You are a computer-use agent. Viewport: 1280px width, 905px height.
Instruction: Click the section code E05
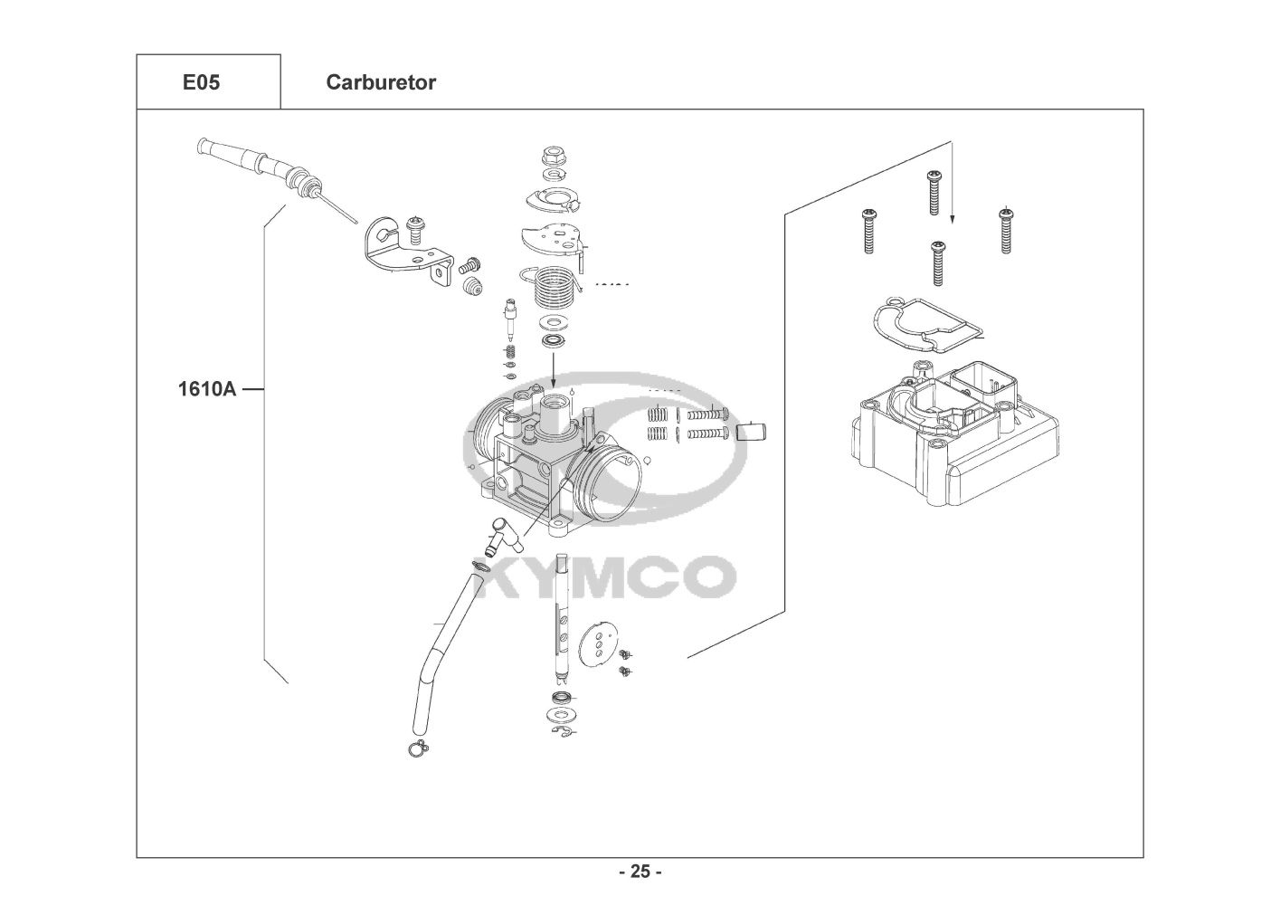coord(201,82)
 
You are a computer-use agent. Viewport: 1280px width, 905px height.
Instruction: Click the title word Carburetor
coord(380,82)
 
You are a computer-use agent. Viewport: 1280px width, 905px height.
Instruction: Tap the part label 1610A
coord(206,390)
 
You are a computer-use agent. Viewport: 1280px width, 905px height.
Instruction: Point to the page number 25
coord(640,872)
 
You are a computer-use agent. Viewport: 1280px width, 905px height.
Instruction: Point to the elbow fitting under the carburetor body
coord(499,536)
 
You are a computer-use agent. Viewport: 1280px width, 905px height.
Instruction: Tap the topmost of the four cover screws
coord(933,192)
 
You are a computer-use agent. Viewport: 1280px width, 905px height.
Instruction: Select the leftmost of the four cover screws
coord(868,230)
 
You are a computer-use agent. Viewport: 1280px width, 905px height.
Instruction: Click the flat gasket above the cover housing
coord(923,328)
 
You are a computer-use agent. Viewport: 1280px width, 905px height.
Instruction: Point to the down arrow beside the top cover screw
coord(952,181)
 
